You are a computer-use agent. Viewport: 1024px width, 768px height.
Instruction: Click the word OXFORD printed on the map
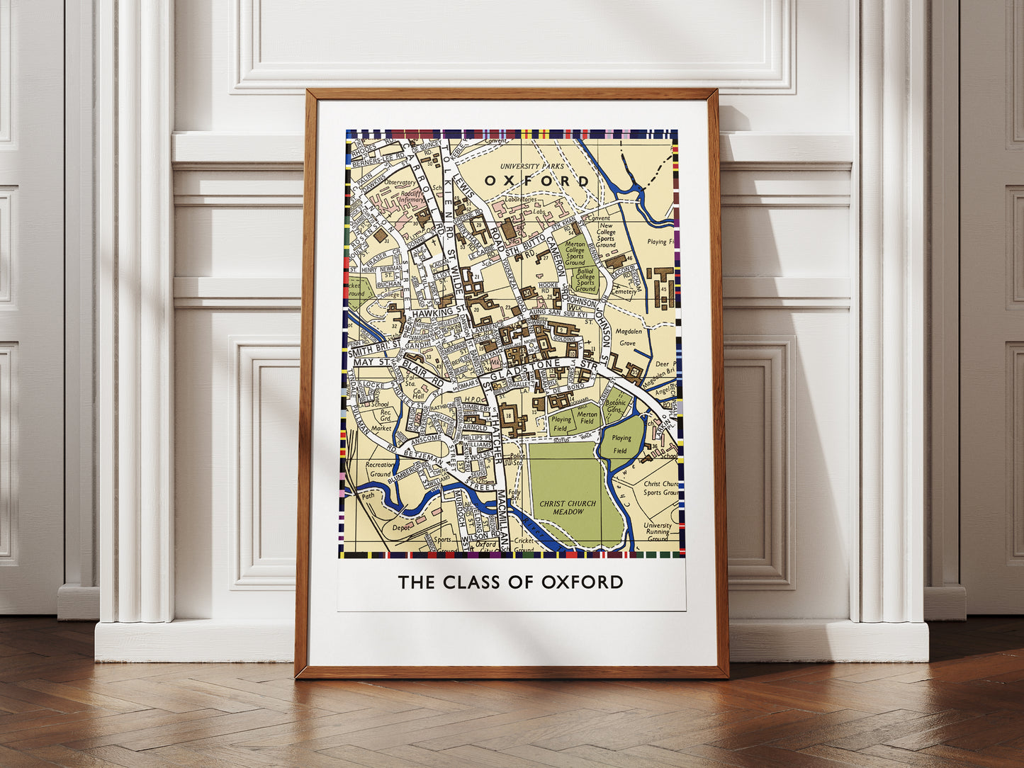[536, 181]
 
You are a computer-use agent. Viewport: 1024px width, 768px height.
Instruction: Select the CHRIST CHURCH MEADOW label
[568, 508]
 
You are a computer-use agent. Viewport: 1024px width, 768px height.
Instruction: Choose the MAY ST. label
[373, 362]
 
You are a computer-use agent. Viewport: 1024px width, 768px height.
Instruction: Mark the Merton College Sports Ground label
[575, 253]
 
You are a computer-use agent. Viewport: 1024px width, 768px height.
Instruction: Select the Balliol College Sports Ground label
[585, 279]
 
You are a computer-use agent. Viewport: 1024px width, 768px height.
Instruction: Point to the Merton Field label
[587, 418]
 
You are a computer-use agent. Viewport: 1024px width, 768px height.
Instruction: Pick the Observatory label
[400, 182]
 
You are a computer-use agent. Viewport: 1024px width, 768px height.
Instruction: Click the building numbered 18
[508, 413]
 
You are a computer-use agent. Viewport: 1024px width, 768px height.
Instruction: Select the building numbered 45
[664, 288]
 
